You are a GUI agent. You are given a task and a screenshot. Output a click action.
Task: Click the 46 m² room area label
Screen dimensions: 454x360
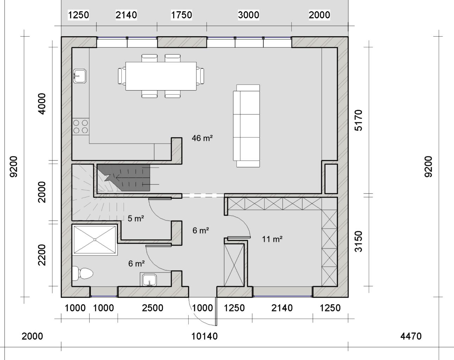pyautogui.click(x=202, y=138)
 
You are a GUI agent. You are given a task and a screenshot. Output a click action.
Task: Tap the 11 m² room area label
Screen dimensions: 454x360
pyautogui.click(x=272, y=239)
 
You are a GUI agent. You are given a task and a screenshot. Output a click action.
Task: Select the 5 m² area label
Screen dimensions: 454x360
pyautogui.click(x=136, y=218)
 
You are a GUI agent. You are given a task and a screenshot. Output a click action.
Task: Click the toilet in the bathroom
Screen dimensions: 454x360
pyautogui.click(x=83, y=273)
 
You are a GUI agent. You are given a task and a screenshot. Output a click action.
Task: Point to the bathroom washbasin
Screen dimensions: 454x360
pyautogui.click(x=149, y=280)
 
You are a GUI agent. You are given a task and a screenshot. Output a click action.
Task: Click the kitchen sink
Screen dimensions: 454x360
pyautogui.click(x=80, y=76)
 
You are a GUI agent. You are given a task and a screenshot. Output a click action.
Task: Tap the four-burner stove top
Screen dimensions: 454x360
pyautogui.click(x=80, y=126)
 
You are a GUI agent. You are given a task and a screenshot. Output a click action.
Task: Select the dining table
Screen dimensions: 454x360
pyautogui.click(x=161, y=76)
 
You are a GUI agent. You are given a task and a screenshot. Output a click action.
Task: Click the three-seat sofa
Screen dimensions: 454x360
pyautogui.click(x=246, y=126)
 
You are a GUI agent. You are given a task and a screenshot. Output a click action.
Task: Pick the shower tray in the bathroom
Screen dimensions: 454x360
pyautogui.click(x=95, y=240)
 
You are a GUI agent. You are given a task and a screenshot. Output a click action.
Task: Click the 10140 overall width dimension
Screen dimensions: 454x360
pyautogui.click(x=204, y=336)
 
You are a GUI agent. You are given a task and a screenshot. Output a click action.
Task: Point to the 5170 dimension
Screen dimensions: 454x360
pyautogui.click(x=358, y=120)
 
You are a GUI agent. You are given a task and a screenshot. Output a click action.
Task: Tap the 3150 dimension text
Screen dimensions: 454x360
pyautogui.click(x=358, y=241)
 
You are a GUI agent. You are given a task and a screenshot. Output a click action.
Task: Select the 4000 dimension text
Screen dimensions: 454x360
pyautogui.click(x=42, y=104)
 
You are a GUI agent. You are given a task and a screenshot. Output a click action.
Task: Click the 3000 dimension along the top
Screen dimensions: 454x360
pyautogui.click(x=248, y=15)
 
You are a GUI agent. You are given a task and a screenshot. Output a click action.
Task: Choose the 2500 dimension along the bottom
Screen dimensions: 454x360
pyautogui.click(x=152, y=308)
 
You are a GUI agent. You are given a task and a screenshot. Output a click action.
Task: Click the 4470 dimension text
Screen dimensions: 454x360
pyautogui.click(x=411, y=336)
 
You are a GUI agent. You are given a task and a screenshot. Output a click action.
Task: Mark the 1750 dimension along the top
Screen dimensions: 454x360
pyautogui.click(x=182, y=15)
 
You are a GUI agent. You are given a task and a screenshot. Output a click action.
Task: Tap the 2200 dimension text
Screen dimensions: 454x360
pyautogui.click(x=42, y=255)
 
